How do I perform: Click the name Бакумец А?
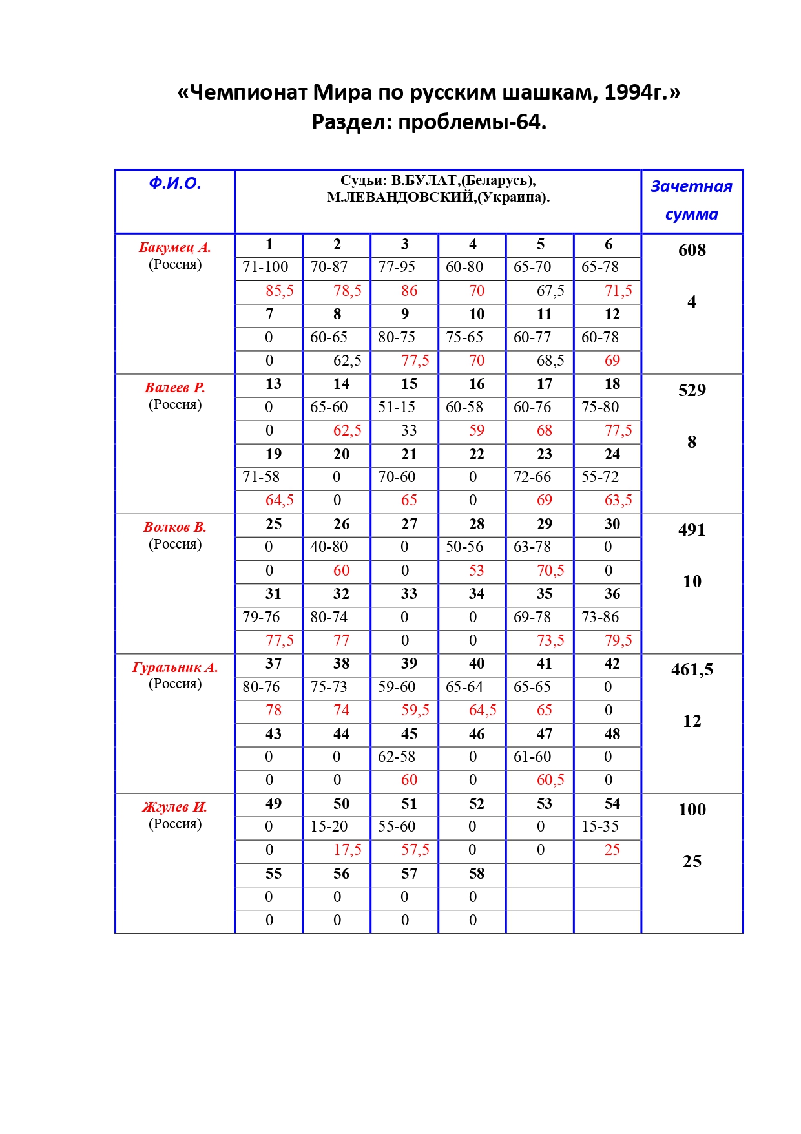click(175, 247)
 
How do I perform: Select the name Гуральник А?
click(175, 667)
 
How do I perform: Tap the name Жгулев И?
click(175, 807)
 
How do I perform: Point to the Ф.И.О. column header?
click(175, 184)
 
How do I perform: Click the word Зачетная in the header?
click(691, 187)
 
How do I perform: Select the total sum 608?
click(692, 250)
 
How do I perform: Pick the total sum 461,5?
click(692, 669)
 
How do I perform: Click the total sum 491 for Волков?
click(692, 530)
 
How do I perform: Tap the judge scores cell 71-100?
click(265, 268)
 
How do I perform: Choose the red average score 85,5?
click(280, 291)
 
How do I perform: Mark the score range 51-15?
click(397, 408)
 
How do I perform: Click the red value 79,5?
click(618, 640)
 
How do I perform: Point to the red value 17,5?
click(348, 850)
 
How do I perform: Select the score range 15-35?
click(600, 826)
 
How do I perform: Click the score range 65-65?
click(532, 687)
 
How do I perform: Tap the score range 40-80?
click(329, 547)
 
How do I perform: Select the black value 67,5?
click(550, 291)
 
